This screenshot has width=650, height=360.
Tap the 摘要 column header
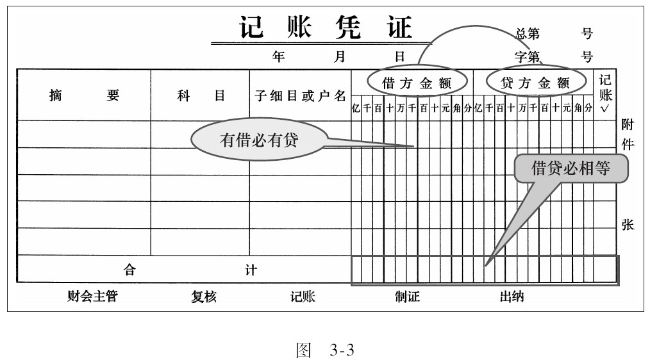[x=83, y=96]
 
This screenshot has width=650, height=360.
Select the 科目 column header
[x=201, y=96]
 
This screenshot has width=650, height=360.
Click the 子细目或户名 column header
[x=300, y=96]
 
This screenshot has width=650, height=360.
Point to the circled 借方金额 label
[x=417, y=83]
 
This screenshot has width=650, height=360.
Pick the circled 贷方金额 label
[x=535, y=83]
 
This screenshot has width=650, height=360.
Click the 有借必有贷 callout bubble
[x=259, y=140]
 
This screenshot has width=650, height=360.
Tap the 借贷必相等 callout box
[x=571, y=168]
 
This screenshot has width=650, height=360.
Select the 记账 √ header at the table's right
[x=605, y=93]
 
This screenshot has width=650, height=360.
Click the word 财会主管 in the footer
[x=93, y=297]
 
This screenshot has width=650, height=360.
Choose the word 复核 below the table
[x=204, y=297]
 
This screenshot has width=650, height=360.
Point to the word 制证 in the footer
[x=407, y=297]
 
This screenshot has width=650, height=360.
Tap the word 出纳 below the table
[x=512, y=297]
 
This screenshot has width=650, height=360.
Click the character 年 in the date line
[x=279, y=56]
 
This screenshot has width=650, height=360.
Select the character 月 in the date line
[x=340, y=56]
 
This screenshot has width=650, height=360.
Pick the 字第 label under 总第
[x=527, y=57]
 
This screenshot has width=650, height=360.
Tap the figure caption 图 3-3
[x=324, y=350]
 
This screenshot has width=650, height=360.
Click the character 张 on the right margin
[x=628, y=225]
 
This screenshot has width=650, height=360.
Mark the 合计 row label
[x=190, y=270]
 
